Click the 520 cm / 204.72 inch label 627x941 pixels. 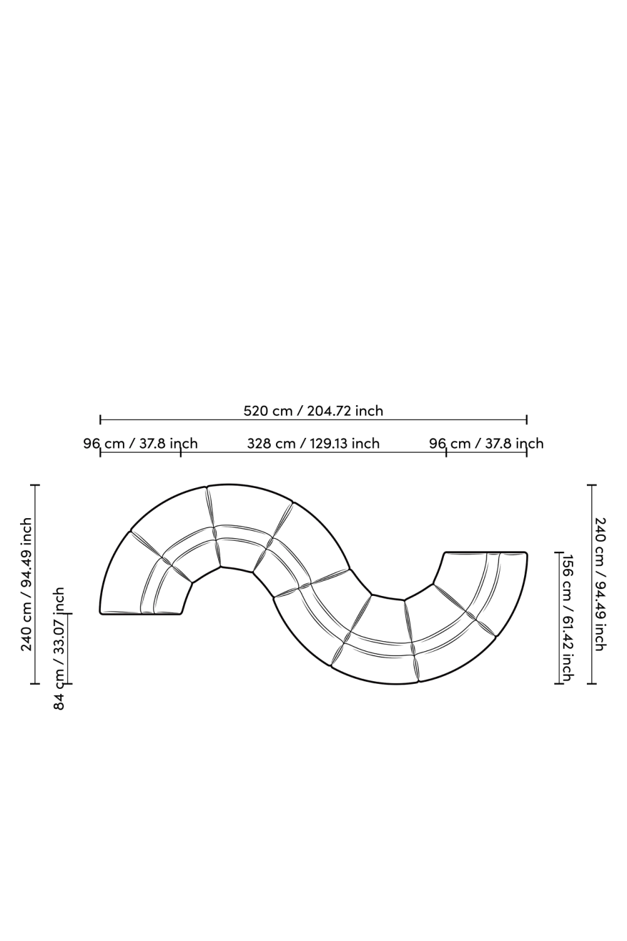(313, 411)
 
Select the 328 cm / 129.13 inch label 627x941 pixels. (313, 444)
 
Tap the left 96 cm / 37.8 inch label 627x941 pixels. (140, 444)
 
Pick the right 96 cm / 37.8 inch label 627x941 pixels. (486, 444)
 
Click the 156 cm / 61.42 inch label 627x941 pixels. (567, 617)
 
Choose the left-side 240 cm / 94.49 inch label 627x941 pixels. (26, 584)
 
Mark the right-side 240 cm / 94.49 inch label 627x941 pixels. (600, 584)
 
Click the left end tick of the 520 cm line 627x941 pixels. (100, 419)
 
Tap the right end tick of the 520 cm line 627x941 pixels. (527, 419)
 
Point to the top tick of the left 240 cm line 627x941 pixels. (35, 485)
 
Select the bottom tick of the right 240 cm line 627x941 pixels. (592, 683)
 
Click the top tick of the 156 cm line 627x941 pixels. (559, 553)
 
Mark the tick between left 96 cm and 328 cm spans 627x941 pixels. (181, 452)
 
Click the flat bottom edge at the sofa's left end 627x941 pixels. (140, 614)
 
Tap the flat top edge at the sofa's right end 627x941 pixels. (486, 553)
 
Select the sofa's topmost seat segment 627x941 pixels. (248, 505)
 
